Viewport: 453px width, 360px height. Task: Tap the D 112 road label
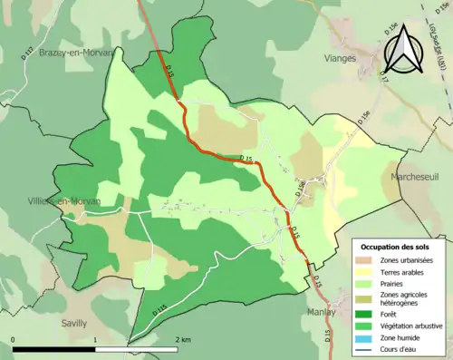click(x=25, y=55)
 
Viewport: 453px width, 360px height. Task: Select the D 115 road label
click(x=160, y=309)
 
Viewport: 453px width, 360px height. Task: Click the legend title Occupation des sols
click(x=394, y=247)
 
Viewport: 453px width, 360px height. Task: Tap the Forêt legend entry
click(x=390, y=316)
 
